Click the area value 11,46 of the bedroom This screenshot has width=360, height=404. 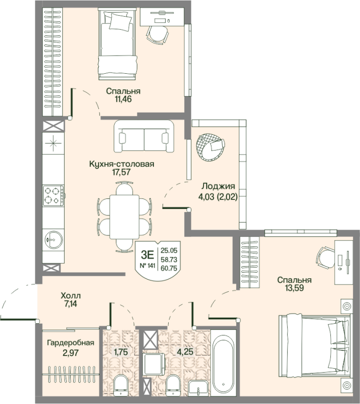123,99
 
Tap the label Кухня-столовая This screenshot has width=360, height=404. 122,164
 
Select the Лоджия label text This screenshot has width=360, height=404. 218,186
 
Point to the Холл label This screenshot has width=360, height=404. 71,295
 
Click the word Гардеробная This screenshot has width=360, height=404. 71,343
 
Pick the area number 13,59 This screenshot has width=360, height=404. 294,288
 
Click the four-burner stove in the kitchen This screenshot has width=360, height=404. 54,195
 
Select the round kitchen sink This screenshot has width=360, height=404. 54,239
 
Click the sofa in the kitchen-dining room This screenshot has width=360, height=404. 144,136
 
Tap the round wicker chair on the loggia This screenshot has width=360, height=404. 210,147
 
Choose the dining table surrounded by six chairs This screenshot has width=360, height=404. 124,217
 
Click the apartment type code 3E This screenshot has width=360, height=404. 147,255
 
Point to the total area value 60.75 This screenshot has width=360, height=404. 169,269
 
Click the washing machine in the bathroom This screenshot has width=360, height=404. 155,364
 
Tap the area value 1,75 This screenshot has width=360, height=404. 121,351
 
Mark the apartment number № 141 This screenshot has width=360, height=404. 147,266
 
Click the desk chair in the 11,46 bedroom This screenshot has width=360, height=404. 157,34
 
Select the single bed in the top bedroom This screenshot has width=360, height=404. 117,44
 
